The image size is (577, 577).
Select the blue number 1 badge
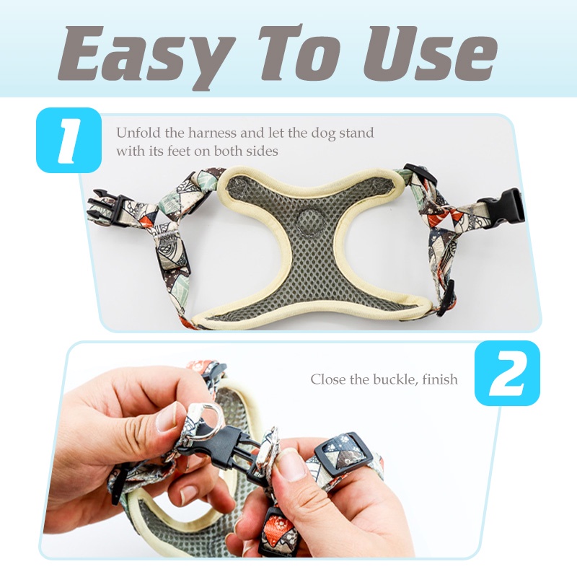(x=69, y=140)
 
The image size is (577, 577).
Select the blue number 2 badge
(x=507, y=373)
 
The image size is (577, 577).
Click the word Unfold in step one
(x=138, y=132)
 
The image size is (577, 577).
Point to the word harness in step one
(x=212, y=132)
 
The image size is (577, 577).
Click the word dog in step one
(x=323, y=133)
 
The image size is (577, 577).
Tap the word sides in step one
(x=262, y=151)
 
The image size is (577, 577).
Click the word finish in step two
(x=440, y=379)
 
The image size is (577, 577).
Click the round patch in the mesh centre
(x=309, y=222)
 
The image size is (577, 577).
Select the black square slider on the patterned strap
(x=343, y=452)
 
